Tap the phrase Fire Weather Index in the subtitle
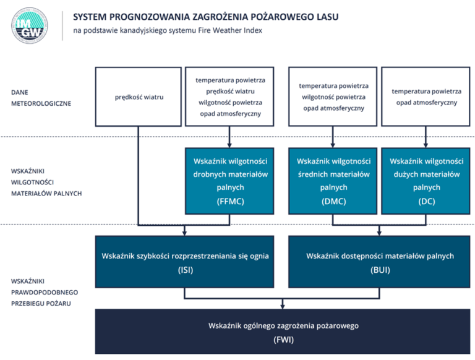[231, 31]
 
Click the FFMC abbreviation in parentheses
[230, 201]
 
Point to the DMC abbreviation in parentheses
[333, 201]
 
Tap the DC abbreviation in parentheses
[426, 201]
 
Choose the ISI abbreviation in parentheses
[184, 270]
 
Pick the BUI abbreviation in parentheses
[380, 270]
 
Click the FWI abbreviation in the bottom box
[283, 339]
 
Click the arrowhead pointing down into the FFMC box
[230, 144]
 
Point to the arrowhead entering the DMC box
[333, 144]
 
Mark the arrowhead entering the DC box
[426, 144]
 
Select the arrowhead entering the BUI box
[380, 232]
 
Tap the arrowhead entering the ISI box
[184, 232]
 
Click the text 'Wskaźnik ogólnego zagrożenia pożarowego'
[283, 325]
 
